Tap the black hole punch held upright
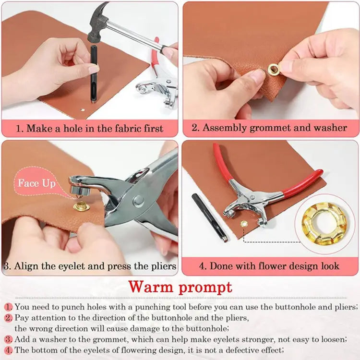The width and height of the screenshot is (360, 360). [92, 72]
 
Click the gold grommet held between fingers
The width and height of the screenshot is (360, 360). [274, 71]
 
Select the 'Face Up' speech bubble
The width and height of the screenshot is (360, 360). [36, 183]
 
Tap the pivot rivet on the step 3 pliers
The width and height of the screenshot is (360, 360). [138, 200]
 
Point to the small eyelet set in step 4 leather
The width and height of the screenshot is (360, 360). [244, 224]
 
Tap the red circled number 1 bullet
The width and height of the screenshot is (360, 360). [9, 307]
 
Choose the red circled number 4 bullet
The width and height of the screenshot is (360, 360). [9, 350]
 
